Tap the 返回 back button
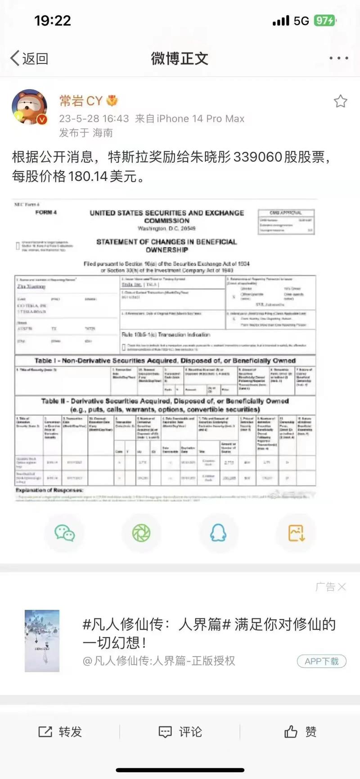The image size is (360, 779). (x=30, y=59)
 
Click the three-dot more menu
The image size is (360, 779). (x=338, y=58)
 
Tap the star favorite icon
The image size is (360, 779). (x=340, y=101)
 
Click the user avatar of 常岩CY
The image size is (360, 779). (x=29, y=107)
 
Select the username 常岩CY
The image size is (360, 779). (x=81, y=101)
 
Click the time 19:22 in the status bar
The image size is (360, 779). (x=53, y=21)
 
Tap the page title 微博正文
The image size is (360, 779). (x=180, y=59)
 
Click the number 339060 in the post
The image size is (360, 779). (x=258, y=157)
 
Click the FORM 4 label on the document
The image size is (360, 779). (x=46, y=212)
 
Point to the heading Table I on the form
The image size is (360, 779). (x=165, y=360)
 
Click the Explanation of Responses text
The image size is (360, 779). (x=49, y=490)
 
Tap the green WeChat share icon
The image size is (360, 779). (x=64, y=533)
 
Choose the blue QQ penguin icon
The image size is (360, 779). (x=218, y=533)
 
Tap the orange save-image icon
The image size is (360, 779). (x=296, y=533)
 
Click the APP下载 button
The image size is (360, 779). (x=321, y=661)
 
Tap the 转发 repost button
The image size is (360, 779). (x=60, y=732)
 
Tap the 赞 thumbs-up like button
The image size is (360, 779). (x=300, y=732)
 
